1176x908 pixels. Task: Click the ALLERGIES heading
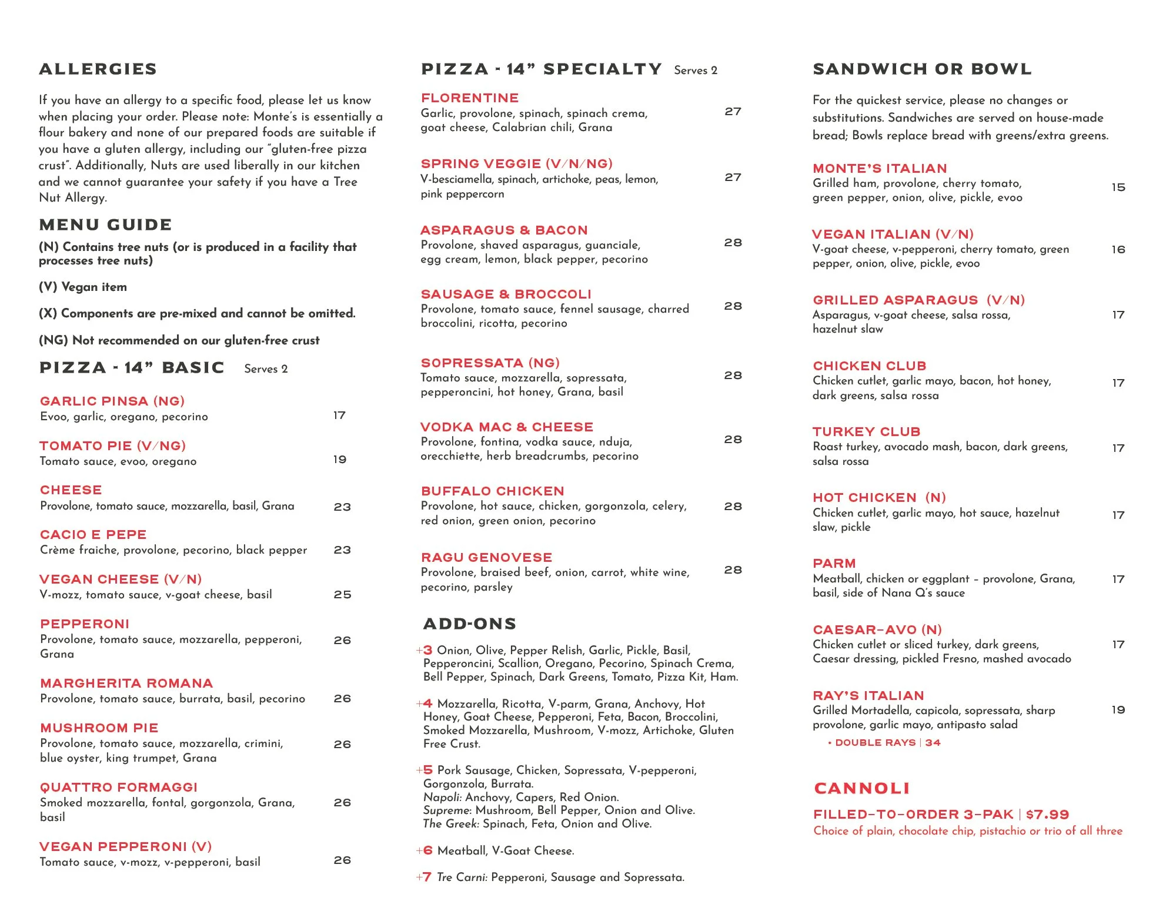tap(98, 69)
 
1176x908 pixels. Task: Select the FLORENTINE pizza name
tap(470, 98)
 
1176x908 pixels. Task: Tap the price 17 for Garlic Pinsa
tap(339, 416)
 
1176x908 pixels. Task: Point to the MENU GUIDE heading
tap(105, 225)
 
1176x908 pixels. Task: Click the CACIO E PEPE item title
tap(93, 535)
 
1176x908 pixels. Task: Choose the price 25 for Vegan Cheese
tap(342, 595)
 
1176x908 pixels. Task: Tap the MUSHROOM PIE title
tap(99, 728)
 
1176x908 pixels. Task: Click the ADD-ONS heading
tap(469, 624)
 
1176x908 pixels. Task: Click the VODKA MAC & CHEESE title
tap(507, 427)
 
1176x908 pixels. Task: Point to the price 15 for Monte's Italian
tap(1118, 187)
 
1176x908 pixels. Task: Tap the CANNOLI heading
tap(861, 789)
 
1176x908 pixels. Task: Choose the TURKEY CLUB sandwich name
tap(866, 432)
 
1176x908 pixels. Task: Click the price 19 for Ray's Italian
tap(1118, 710)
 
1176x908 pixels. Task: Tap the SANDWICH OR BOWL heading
tap(922, 69)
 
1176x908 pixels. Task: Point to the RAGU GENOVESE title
tap(486, 558)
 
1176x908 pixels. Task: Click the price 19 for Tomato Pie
tap(340, 460)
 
